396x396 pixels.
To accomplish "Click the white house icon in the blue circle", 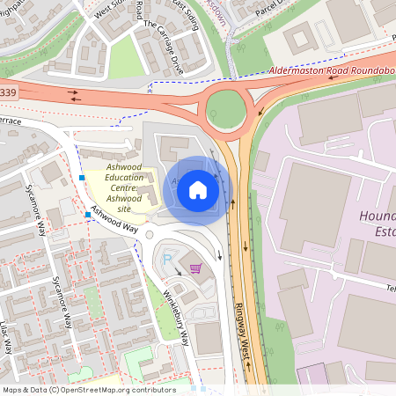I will click(198, 189).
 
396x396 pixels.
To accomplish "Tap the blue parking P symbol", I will click(169, 260).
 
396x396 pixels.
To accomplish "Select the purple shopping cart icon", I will click(195, 268).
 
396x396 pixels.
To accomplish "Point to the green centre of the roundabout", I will click(224, 110).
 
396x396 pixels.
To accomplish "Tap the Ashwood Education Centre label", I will click(123, 182).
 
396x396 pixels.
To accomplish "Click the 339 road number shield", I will click(9, 92).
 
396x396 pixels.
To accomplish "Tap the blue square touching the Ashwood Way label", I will click(88, 214).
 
